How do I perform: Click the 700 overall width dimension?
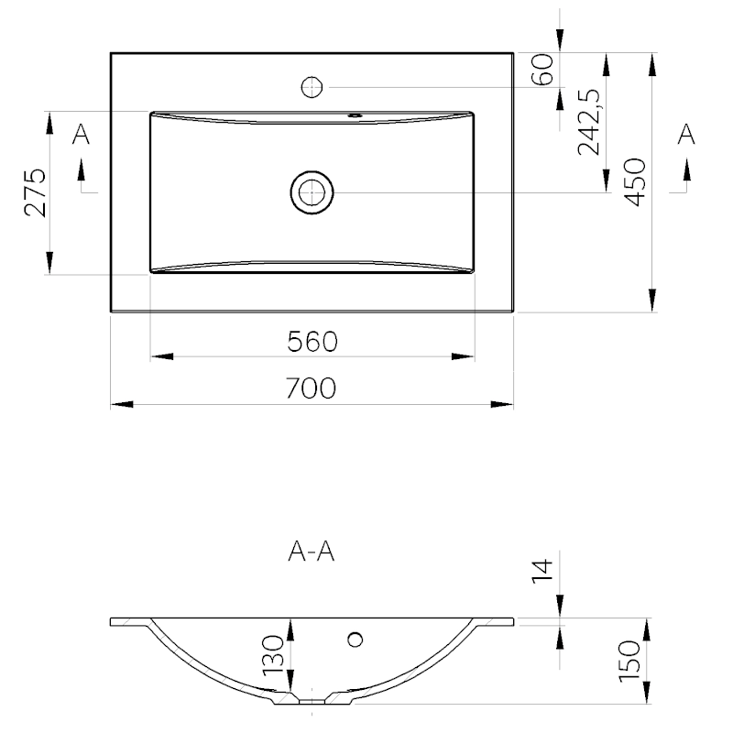pos(311,388)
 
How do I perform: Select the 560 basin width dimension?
pos(312,341)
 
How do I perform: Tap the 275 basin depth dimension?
pos(36,192)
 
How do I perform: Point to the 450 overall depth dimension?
pos(635,181)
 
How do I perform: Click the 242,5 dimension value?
pos(588,122)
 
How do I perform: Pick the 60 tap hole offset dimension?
pos(542,70)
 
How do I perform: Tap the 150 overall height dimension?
pos(629,662)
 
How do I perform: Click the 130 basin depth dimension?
pos(273,655)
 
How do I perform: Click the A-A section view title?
pos(312,552)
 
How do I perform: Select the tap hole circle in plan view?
pos(312,87)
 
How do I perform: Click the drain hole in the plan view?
pos(312,192)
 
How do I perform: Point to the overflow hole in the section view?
pos(356,639)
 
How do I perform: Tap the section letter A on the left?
pos(81,134)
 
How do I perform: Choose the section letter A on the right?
pos(686,134)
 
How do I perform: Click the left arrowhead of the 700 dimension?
pos(122,404)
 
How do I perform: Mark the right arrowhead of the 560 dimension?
pos(463,356)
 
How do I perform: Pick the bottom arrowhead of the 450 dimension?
pos(652,301)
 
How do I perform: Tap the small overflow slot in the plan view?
pos(356,115)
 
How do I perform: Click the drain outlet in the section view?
pos(312,701)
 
